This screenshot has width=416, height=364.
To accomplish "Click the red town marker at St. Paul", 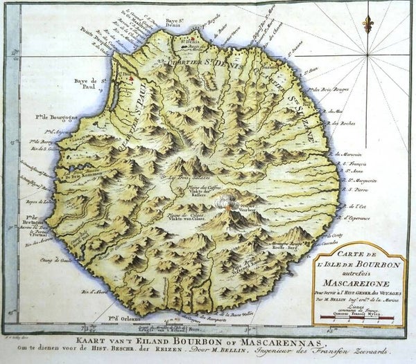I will click(130, 80).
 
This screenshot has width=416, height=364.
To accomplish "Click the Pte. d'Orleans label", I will click(123, 318).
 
